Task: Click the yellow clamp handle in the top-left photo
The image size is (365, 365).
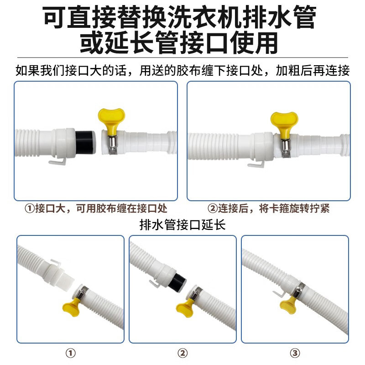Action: (111, 120)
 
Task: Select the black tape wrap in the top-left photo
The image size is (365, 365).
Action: (85, 142)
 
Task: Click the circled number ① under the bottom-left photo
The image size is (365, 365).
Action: (71, 353)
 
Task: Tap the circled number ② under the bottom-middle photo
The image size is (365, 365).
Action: (182, 353)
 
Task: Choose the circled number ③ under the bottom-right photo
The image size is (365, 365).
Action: (295, 353)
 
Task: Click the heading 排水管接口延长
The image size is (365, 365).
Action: (182, 225)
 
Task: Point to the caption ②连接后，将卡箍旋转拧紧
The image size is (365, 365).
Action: (268, 208)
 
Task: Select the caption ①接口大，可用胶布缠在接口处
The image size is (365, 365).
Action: (96, 208)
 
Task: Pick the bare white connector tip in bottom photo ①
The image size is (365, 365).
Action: (68, 282)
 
